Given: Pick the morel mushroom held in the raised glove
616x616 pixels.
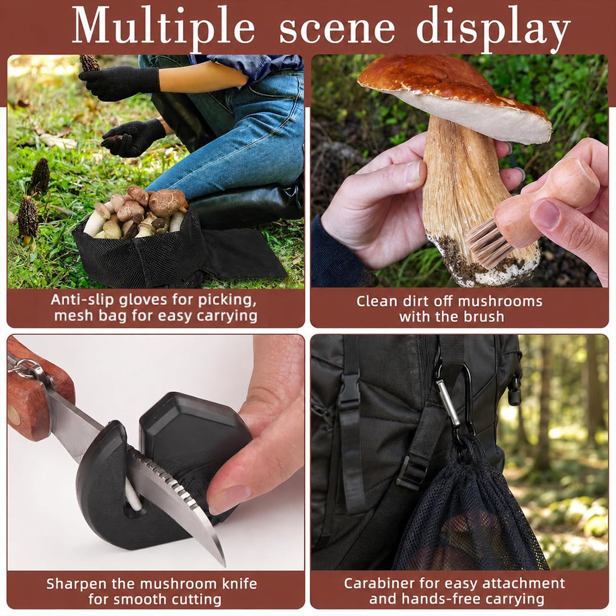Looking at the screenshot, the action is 89,63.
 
